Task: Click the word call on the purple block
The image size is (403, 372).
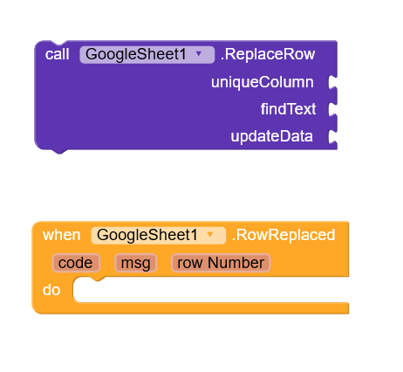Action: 58,54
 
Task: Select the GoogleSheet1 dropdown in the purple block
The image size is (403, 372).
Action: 147,55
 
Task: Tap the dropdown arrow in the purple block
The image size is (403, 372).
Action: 199,53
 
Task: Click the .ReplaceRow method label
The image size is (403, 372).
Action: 268,54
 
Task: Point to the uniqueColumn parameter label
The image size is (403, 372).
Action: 263,82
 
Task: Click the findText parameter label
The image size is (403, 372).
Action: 288,109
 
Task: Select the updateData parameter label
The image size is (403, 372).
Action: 271,136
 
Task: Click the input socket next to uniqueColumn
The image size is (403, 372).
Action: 332,82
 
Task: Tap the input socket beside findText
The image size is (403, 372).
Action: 332,109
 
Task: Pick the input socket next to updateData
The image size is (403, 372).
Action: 332,136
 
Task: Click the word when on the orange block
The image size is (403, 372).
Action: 61,235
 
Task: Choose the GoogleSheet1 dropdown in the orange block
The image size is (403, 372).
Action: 159,236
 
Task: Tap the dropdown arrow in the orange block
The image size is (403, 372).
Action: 210,234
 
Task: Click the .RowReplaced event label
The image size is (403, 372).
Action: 283,235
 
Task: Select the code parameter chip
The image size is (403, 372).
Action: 76,263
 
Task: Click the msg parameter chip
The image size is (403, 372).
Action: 136,263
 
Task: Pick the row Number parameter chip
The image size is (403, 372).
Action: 221,263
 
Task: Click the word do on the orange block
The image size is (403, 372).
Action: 51,290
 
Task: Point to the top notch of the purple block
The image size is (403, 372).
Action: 59,43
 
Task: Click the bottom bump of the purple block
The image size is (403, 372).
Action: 59,151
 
